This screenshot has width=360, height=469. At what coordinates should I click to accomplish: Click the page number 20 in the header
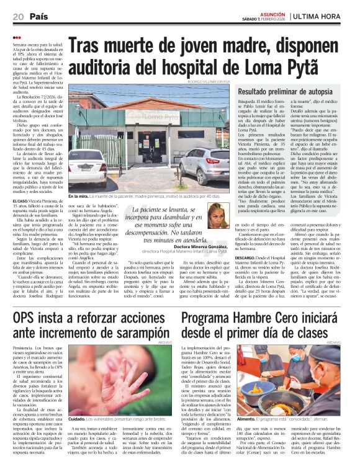[18, 16]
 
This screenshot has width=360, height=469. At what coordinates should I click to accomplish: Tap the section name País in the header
[39, 16]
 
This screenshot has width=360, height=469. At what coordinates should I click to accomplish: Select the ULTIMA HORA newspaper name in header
[319, 16]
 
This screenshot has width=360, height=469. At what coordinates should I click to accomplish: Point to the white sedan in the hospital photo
[85, 168]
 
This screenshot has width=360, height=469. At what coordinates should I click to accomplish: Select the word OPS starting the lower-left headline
[27, 319]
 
